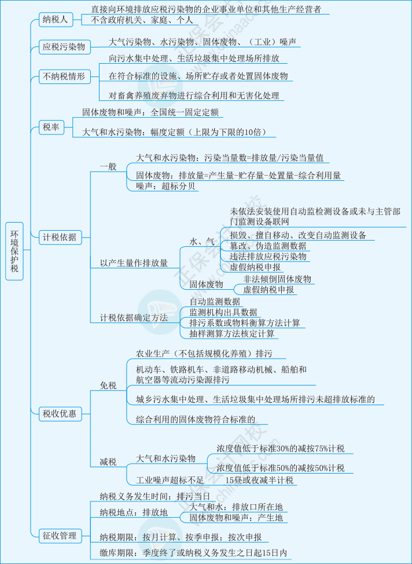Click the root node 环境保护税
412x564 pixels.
coord(15,250)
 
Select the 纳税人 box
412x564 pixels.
coord(55,20)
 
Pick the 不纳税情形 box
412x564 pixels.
coord(64,76)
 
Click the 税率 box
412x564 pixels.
coord(51,127)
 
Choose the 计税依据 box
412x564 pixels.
coord(59,236)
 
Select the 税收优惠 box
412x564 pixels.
coord(59,413)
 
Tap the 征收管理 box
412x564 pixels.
coord(59,535)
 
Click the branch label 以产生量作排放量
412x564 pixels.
coord(134,263)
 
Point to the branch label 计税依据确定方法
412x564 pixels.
coord(134,318)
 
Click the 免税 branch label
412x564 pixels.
coord(108,385)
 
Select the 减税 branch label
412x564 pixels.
coord(108,461)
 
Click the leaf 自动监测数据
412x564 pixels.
coord(215,301)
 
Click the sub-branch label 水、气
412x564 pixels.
coord(202,241)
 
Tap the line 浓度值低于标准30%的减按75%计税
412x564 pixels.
coord(280,448)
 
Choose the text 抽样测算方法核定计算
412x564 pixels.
coord(232,334)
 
